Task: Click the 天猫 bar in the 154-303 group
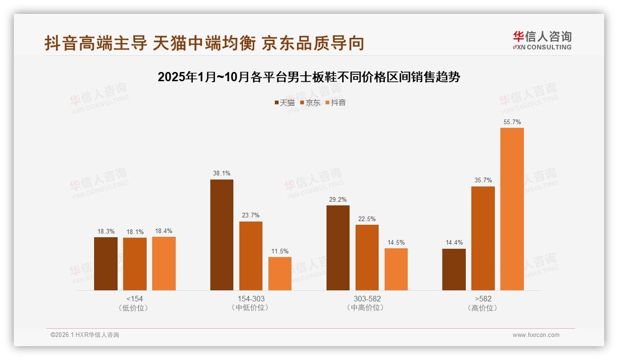click(222, 235)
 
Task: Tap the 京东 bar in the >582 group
click(483, 238)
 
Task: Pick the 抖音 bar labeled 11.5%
click(280, 274)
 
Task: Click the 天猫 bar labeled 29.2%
click(338, 248)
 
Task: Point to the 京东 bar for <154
click(135, 264)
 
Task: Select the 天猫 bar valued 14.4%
click(454, 270)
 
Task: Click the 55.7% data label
click(512, 122)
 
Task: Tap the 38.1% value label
click(222, 174)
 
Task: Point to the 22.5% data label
click(367, 219)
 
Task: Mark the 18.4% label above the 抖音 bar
click(164, 231)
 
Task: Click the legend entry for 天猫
click(285, 102)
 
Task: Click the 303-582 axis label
click(367, 299)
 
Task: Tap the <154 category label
click(135, 299)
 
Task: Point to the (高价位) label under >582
click(483, 308)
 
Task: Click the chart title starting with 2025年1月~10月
click(309, 77)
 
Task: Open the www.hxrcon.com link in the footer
click(536, 335)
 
